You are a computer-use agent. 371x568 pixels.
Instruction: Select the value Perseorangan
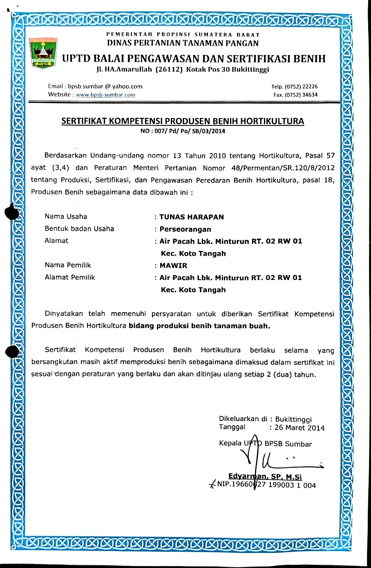[x=185, y=229]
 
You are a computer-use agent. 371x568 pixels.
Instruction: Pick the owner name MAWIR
[x=173, y=266]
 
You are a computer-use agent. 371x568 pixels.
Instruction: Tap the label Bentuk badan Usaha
[x=79, y=229]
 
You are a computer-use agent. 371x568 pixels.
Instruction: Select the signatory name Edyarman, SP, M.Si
[x=265, y=476]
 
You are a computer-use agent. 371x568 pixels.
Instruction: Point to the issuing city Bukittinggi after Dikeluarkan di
[x=293, y=419]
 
